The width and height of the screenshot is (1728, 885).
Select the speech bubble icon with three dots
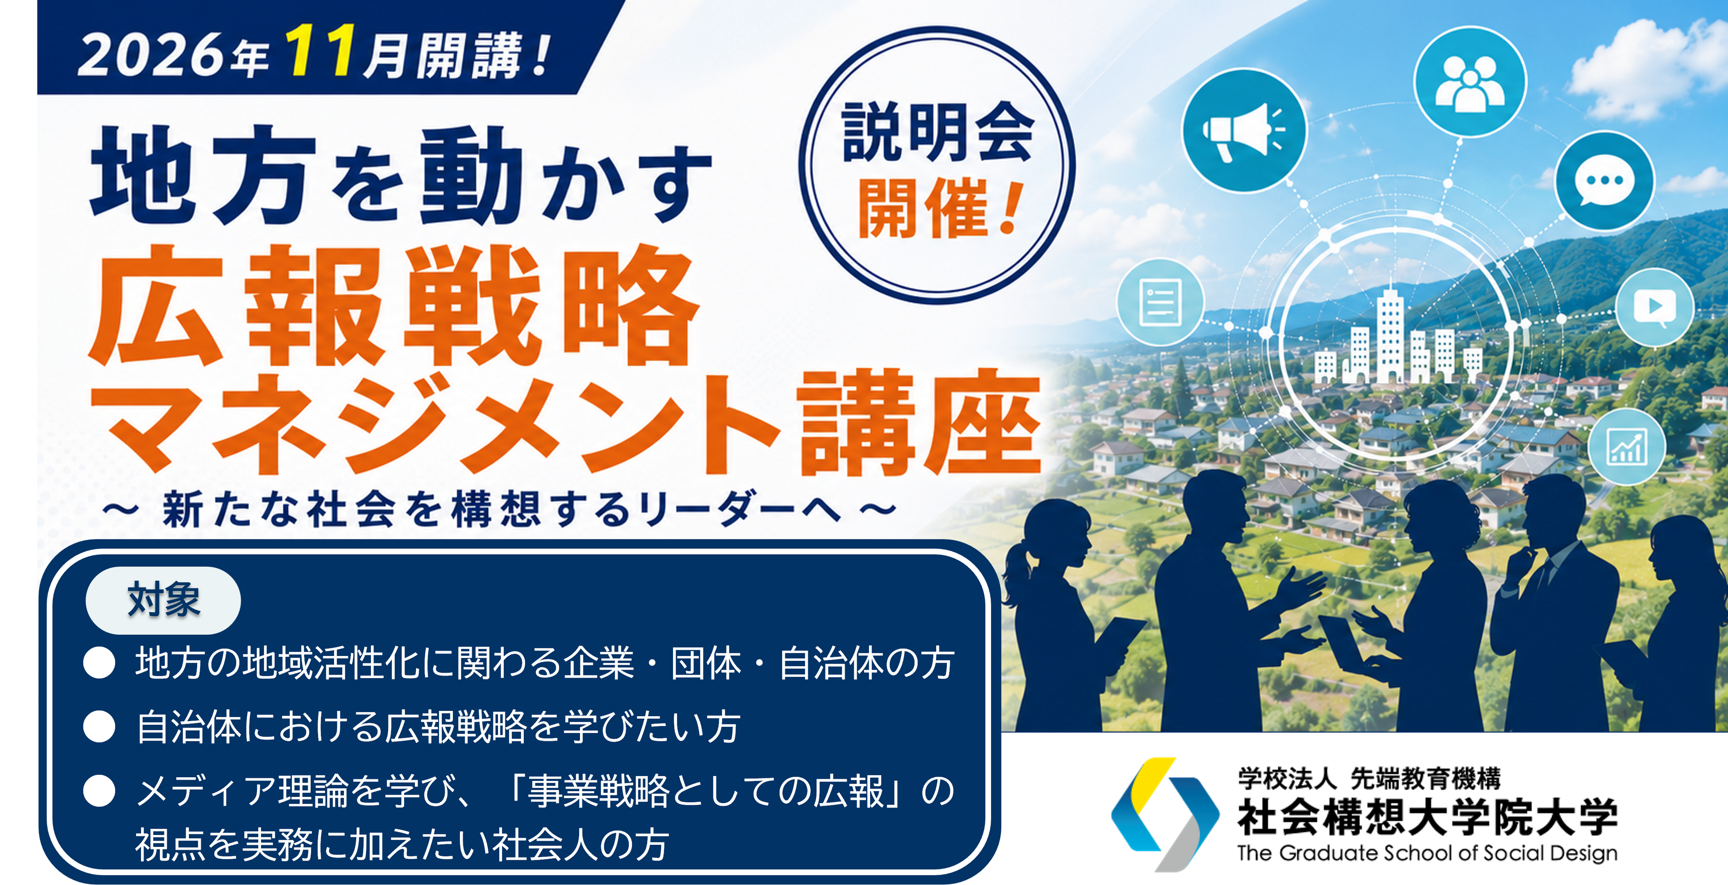(1604, 181)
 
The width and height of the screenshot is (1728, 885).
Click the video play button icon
(1654, 307)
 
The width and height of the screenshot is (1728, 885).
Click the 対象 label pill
(163, 600)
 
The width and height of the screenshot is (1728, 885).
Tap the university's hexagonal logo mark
(1165, 814)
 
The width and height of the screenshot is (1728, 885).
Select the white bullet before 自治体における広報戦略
(99, 727)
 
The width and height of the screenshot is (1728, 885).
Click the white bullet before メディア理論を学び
(99, 791)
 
